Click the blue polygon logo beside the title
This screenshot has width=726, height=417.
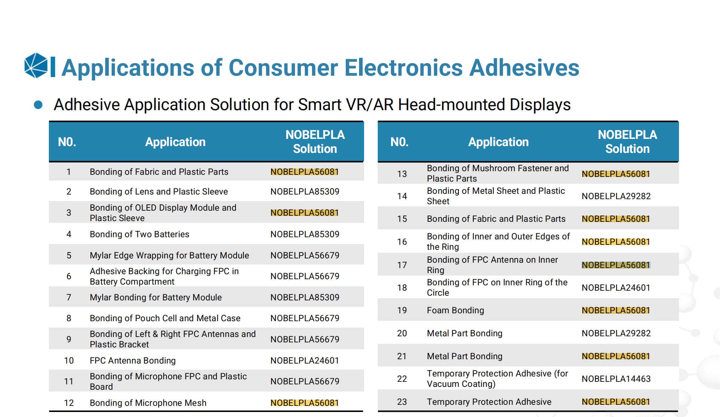click(36, 66)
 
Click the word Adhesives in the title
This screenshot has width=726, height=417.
click(524, 68)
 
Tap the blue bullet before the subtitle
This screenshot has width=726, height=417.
click(38, 105)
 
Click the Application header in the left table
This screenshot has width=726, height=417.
click(175, 142)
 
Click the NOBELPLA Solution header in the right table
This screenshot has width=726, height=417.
click(627, 142)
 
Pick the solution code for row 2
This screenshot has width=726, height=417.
click(304, 192)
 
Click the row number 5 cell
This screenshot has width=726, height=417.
click(69, 256)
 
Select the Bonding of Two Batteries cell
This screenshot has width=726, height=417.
click(139, 234)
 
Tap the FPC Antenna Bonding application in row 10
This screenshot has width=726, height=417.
click(132, 361)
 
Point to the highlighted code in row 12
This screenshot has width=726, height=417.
click(304, 403)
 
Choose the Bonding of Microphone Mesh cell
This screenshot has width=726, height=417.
click(148, 403)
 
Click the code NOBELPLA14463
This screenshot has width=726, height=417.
click(616, 379)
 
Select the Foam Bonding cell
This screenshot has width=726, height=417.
click(455, 310)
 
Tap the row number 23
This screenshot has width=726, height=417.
click(402, 402)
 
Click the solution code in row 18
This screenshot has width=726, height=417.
click(616, 288)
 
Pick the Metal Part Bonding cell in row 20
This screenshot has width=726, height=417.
click(464, 333)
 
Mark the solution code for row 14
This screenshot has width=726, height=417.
click(616, 196)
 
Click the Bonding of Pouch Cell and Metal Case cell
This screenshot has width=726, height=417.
click(165, 318)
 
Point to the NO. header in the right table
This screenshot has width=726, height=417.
click(399, 142)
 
